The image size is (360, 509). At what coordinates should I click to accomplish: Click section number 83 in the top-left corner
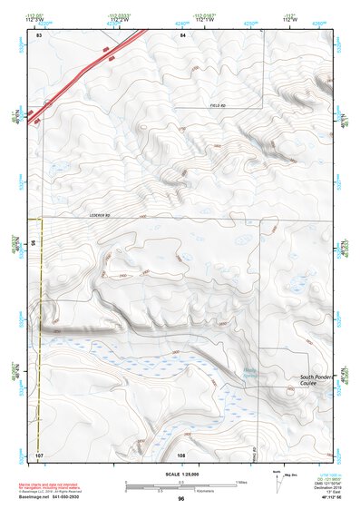click(39, 34)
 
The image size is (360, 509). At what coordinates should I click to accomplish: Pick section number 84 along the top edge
click(182, 34)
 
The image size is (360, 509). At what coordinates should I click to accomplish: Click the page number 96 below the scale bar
click(180, 499)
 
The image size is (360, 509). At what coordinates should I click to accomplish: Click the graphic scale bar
click(180, 484)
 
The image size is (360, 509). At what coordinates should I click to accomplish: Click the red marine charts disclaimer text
click(73, 482)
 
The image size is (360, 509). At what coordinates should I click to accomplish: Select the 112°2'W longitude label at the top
click(119, 20)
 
